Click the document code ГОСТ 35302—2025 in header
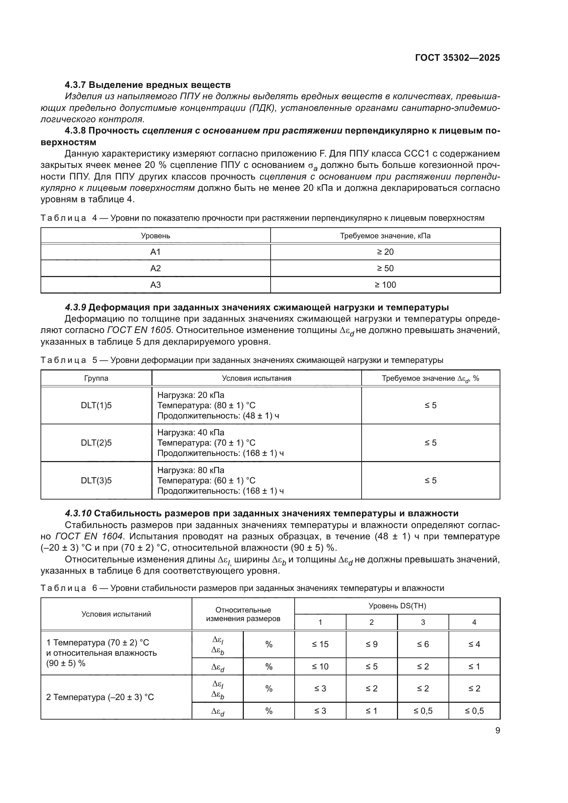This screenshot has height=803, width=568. coord(457,58)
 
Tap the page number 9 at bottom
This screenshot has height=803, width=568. coord(497,731)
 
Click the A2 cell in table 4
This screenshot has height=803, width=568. coord(155,268)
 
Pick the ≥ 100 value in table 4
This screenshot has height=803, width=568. coord(385,285)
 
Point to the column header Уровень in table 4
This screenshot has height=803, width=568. coord(155,236)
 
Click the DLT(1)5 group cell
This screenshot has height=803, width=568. coord(96,405)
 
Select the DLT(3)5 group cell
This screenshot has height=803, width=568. coord(96,481)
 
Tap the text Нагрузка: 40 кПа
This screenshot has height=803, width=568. coord(191,433)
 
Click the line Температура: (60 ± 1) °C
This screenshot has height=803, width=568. coord(206,481)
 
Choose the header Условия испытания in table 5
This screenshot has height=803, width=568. coord(257,378)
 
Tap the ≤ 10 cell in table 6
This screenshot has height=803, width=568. coord(320,667)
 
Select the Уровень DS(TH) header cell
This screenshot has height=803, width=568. coord(397,606)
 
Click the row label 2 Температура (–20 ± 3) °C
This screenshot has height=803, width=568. coord(100,697)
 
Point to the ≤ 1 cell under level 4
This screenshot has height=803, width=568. coord(474,667)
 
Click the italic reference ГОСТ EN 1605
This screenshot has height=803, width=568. coord(139,330)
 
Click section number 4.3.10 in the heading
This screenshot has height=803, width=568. coord(78,513)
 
